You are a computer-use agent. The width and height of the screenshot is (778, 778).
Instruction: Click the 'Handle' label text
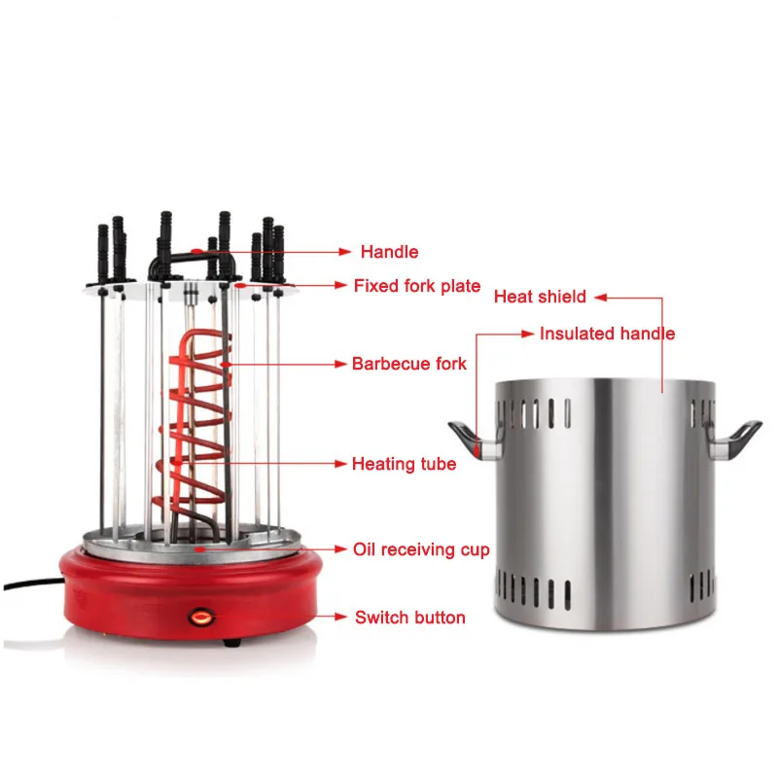(389, 252)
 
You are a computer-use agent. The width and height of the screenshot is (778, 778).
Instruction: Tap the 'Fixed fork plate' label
(416, 286)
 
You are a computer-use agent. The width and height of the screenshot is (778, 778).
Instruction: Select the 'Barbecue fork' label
(408, 364)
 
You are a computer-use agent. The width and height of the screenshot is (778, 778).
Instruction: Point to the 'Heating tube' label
(404, 464)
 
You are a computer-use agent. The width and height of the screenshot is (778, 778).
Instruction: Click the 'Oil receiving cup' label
(421, 550)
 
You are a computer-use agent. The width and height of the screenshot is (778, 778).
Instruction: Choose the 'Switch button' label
(409, 617)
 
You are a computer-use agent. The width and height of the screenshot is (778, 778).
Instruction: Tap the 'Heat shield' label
(540, 297)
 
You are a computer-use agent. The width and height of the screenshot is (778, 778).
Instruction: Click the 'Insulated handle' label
(607, 334)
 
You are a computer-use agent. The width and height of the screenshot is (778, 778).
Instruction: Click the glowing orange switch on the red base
(201, 615)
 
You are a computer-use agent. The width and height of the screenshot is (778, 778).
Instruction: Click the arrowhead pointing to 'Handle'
(343, 252)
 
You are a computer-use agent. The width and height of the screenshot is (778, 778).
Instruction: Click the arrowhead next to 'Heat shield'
(601, 297)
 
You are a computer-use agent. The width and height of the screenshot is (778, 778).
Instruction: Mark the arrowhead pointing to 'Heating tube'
(342, 464)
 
